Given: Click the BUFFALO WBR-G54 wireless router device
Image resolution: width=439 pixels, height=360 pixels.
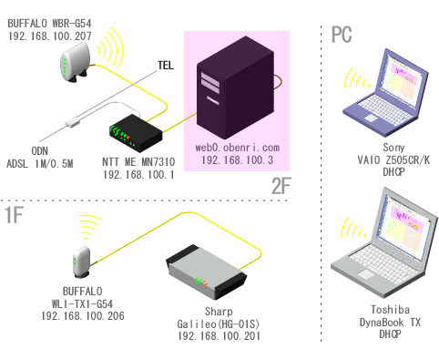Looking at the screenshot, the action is click(75, 63).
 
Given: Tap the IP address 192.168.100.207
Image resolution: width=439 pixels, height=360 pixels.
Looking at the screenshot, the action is click(50, 36).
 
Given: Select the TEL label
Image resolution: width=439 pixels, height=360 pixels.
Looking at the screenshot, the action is click(166, 66).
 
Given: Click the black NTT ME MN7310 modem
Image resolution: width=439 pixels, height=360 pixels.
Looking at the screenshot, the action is click(136, 133).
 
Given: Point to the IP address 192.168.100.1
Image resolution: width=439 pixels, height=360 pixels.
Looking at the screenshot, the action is click(138, 175).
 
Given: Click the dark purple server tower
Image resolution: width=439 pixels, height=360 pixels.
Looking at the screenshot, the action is click(236, 87).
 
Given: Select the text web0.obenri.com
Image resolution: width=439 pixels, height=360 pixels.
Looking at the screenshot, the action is click(237, 148).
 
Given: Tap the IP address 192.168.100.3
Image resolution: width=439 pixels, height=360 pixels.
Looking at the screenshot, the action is click(237, 160).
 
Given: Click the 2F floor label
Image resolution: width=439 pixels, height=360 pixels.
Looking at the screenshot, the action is click(281, 186).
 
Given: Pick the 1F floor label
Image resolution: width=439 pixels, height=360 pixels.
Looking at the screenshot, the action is click(15, 215).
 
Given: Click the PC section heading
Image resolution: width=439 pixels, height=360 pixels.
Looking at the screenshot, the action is click(342, 35).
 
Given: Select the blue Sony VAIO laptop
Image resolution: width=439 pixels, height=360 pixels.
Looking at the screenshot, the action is click(386, 93).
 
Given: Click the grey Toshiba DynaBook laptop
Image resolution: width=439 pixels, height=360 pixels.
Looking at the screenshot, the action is click(384, 242).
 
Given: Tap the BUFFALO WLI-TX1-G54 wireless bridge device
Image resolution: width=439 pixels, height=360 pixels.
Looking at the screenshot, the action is click(82, 262).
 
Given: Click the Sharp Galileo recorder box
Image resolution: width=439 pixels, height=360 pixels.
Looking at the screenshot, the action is click(207, 273).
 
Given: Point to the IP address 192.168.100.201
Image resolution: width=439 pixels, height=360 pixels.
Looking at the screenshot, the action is click(219, 336).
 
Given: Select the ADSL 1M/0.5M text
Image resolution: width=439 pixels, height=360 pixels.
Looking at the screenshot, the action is click(40, 164).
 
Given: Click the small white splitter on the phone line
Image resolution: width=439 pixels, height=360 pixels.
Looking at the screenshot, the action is click(73, 123).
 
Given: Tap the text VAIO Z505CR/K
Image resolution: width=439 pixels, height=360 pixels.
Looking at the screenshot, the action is click(393, 160).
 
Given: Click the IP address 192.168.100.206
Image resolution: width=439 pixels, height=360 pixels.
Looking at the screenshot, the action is click(83, 316).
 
